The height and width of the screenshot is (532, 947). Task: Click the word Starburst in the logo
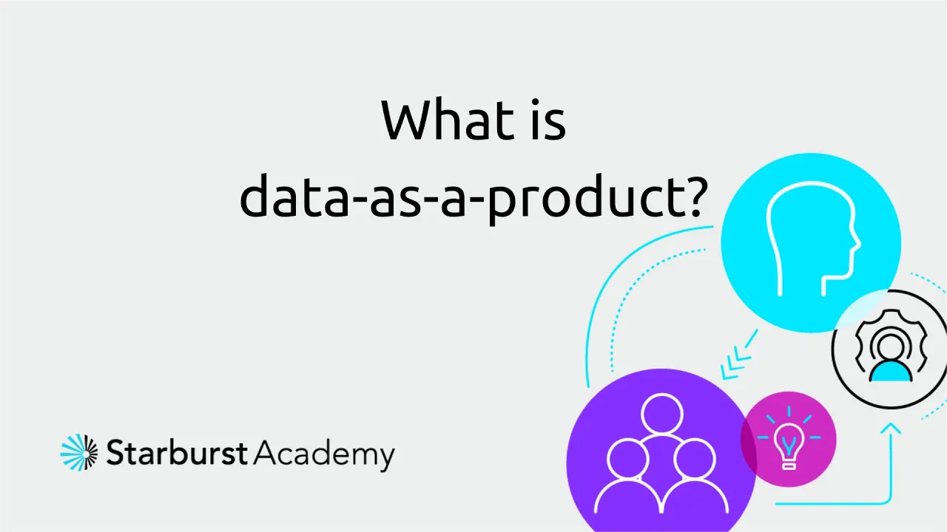[177, 452]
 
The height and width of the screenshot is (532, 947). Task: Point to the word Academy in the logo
[324, 454]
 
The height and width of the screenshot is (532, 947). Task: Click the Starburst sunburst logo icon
[79, 452]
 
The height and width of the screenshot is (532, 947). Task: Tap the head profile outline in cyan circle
[812, 239]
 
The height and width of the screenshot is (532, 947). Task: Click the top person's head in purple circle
[661, 414]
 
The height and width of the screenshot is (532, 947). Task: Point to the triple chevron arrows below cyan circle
[738, 355]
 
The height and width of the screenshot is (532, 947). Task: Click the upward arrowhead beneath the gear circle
[890, 428]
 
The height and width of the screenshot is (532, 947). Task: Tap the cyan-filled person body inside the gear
[891, 371]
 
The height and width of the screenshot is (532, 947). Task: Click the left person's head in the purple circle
[627, 459]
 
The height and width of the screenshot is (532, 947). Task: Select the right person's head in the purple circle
[695, 459]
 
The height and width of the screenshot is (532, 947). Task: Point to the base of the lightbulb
[789, 465]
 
